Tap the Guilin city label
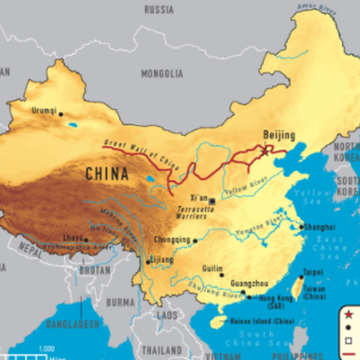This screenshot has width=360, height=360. point(211,268)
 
